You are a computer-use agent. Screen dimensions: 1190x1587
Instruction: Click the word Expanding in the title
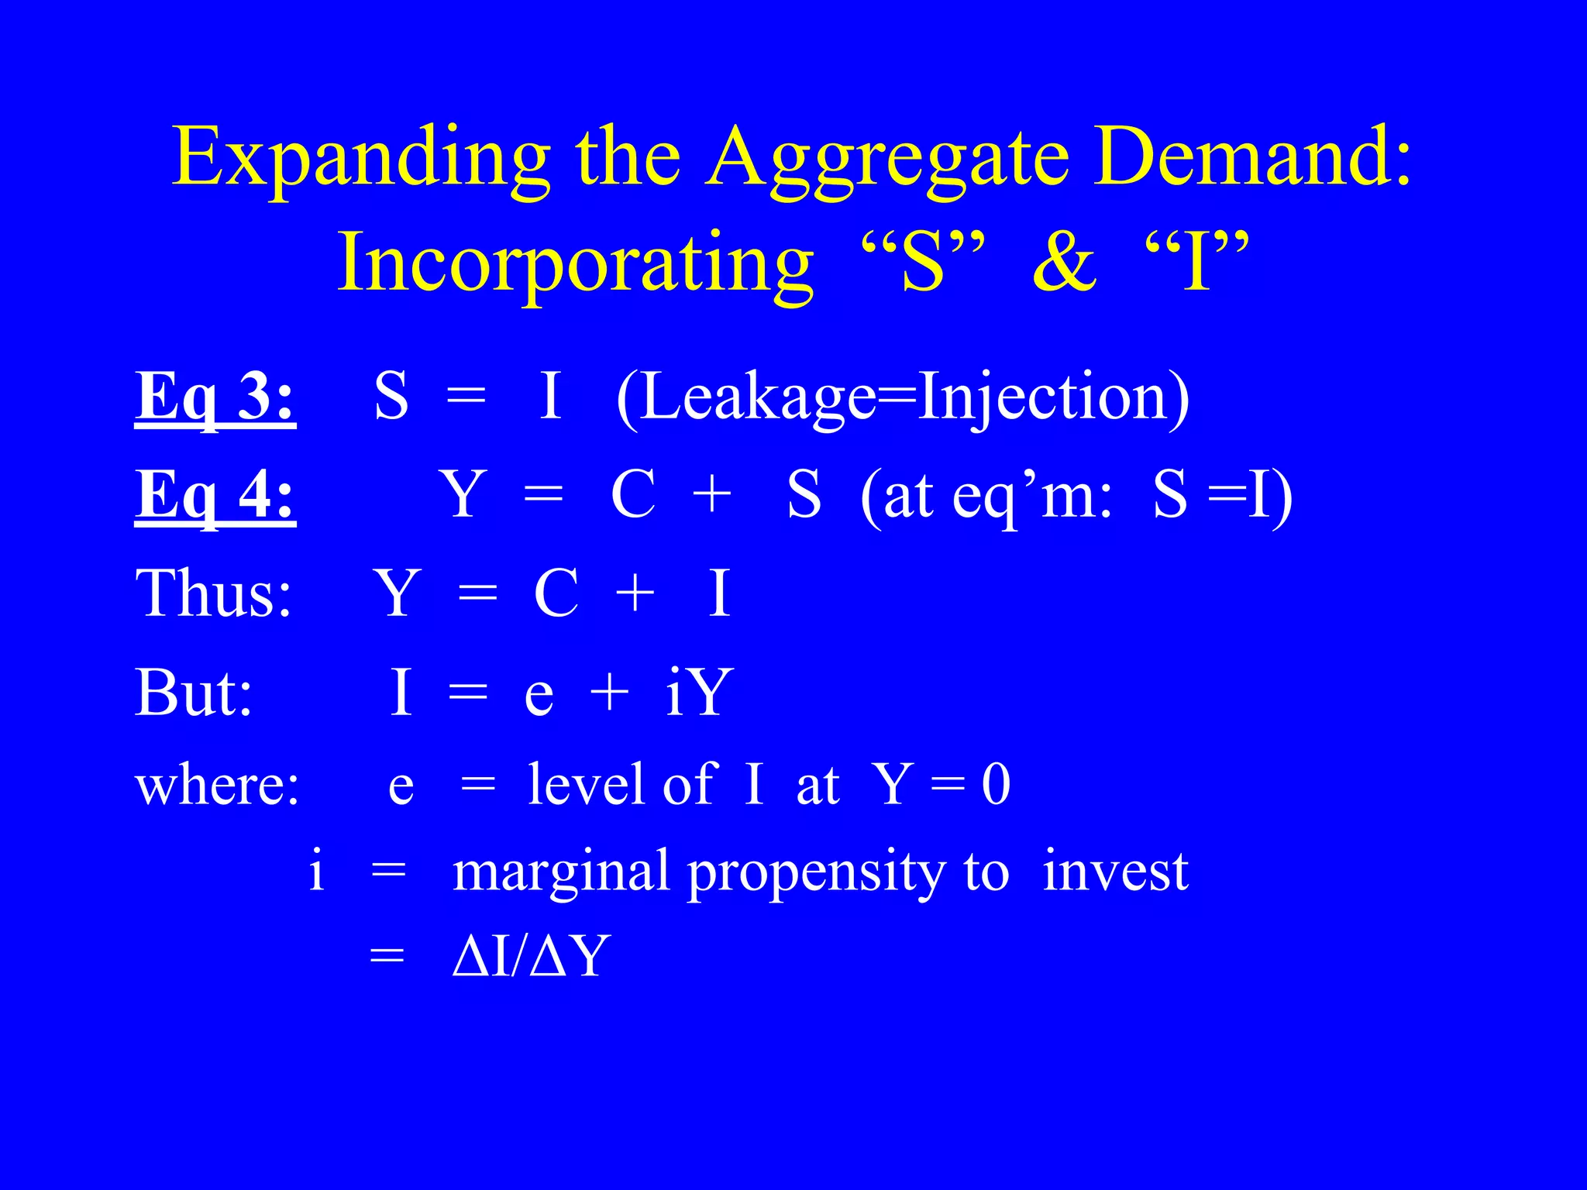point(360,159)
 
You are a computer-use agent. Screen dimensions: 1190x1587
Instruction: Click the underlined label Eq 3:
point(215,397)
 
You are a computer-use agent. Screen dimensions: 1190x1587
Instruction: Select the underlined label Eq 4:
point(215,495)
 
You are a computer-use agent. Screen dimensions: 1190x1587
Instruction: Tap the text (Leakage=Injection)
point(903,397)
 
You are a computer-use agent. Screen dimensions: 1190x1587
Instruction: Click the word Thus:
point(214,593)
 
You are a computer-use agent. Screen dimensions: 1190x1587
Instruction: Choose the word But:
point(194,692)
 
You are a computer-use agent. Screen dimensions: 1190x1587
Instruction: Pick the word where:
point(217,785)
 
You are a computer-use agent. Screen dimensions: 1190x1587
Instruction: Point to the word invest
point(1115,871)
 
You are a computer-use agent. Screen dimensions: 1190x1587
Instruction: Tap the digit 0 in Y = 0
point(996,784)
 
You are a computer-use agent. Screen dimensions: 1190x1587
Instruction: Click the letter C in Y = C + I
point(556,593)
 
